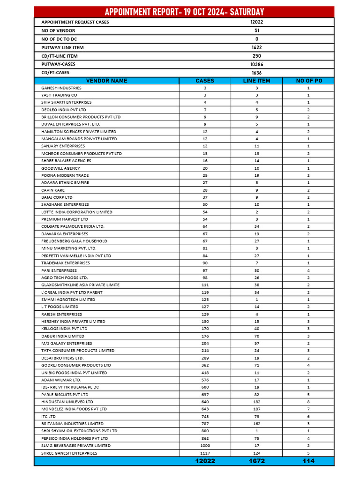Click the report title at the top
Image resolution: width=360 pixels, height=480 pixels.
tap(184, 12)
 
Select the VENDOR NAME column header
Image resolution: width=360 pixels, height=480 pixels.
tap(106, 81)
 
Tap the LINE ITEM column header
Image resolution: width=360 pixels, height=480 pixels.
tap(256, 81)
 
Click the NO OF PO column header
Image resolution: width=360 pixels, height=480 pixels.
tap(308, 81)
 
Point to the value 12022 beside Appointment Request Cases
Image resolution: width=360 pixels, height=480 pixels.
tap(256, 22)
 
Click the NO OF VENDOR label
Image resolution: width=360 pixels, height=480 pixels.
tap(55, 30)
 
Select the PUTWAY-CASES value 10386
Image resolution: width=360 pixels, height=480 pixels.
tap(256, 64)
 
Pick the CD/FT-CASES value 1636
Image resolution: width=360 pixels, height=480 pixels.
tap(256, 73)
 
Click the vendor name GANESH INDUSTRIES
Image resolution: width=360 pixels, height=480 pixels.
tap(61, 88)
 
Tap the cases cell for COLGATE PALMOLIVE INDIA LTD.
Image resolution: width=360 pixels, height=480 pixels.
tap(205, 226)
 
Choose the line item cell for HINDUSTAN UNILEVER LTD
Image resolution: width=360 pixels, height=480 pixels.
tap(256, 402)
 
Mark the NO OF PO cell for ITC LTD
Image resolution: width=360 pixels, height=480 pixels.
tap(308, 416)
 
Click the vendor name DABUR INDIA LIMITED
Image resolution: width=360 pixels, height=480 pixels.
tap(63, 336)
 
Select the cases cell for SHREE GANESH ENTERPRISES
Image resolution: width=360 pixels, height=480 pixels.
tap(205, 453)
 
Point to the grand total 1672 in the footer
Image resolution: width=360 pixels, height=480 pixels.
tap(256, 461)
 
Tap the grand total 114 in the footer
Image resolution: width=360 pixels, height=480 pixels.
tap(308, 461)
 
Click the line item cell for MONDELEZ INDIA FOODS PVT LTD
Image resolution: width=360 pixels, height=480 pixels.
tap(256, 409)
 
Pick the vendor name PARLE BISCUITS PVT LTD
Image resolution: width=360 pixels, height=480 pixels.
tap(65, 395)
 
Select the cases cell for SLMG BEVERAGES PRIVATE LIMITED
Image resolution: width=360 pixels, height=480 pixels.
tap(205, 446)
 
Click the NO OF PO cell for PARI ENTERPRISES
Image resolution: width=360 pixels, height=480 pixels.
tap(308, 270)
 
